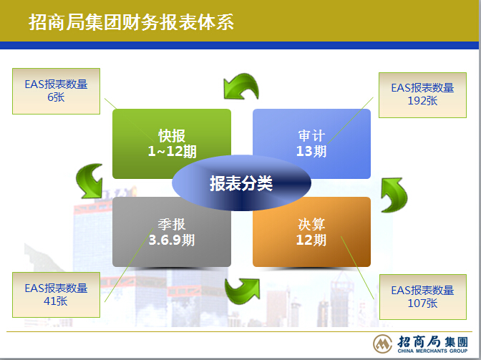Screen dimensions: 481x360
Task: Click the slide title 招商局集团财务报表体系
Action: pyautogui.click(x=131, y=22)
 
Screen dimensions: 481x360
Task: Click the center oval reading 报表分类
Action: pyautogui.click(x=241, y=183)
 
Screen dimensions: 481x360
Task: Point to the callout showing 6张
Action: pyautogui.click(x=56, y=91)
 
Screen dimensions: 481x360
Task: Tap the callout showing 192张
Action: pyautogui.click(x=422, y=95)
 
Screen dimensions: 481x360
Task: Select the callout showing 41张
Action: pyautogui.click(x=56, y=295)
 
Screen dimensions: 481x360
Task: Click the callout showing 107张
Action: pyautogui.click(x=423, y=297)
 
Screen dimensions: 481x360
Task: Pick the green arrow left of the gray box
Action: pyautogui.click(x=90, y=182)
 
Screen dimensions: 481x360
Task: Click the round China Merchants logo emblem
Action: pyautogui.click(x=382, y=344)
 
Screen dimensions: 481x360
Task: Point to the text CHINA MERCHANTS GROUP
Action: pyautogui.click(x=432, y=351)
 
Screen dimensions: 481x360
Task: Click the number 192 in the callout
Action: pyautogui.click(x=414, y=101)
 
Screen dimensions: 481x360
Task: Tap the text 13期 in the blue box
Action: pyautogui.click(x=311, y=151)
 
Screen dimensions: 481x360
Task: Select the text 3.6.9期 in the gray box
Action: pyautogui.click(x=172, y=240)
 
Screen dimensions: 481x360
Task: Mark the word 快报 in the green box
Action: pyautogui.click(x=172, y=136)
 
